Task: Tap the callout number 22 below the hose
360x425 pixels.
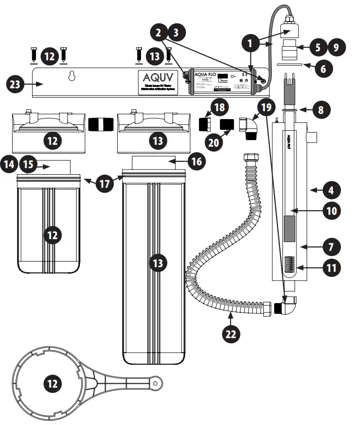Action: pos(231,333)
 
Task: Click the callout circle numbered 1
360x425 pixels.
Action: pos(253,44)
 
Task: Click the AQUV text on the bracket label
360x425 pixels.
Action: pos(158,78)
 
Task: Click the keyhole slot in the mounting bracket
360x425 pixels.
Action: pos(71,76)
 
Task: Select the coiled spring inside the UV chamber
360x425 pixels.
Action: pos(290,267)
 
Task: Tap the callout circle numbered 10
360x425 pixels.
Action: pos(331,210)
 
